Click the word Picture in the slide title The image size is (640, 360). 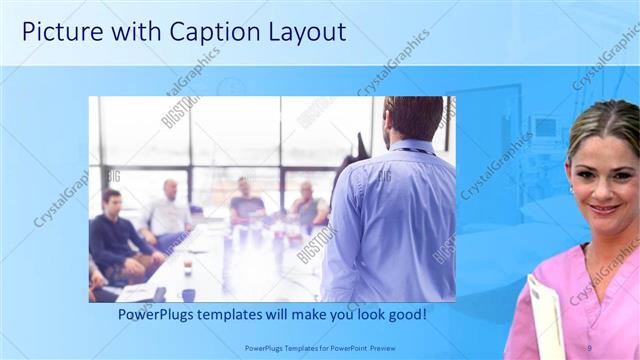point(59,32)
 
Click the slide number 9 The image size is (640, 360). point(589,346)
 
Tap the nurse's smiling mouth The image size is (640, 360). point(604,209)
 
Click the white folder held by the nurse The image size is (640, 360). point(547,315)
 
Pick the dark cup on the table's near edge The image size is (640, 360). point(187,294)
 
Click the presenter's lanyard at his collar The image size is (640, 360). point(411,150)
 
